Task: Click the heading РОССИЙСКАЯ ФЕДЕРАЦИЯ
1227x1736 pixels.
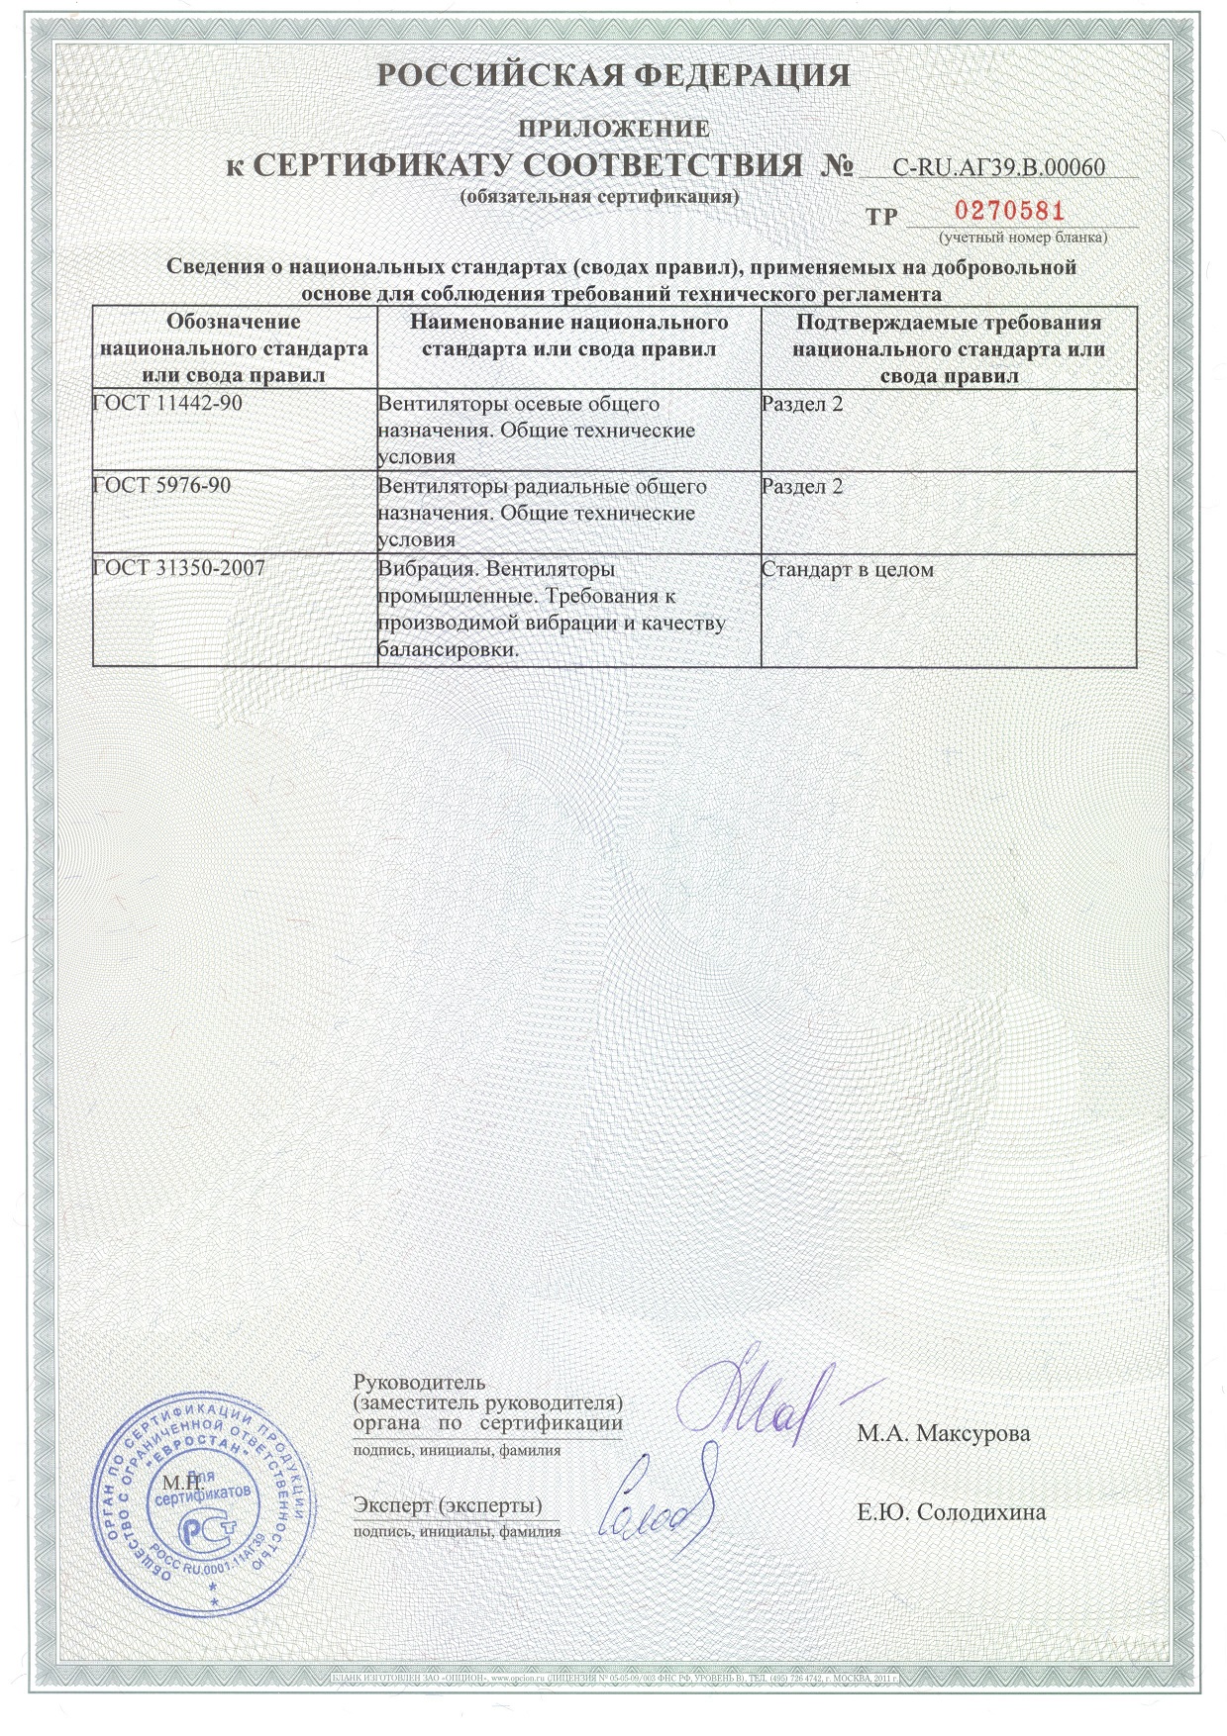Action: click(614, 76)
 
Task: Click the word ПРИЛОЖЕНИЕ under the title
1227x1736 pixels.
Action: click(615, 129)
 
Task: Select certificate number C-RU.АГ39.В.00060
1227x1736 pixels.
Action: click(998, 167)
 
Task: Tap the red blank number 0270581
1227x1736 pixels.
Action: click(1009, 211)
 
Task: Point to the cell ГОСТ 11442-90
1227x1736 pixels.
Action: click(167, 404)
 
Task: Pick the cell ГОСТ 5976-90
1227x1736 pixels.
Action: click(162, 486)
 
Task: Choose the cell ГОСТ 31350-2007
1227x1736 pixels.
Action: click(179, 569)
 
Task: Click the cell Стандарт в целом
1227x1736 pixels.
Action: click(848, 570)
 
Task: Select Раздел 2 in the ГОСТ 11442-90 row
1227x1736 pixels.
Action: click(802, 404)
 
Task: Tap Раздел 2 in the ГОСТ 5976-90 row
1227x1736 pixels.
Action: click(802, 487)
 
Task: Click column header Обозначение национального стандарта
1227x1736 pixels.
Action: click(234, 348)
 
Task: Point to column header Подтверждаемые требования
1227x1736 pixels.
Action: click(948, 348)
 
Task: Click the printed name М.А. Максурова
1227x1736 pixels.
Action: click(943, 1433)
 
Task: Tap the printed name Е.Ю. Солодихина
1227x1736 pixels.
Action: click(951, 1512)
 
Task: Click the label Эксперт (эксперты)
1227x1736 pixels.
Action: click(448, 1505)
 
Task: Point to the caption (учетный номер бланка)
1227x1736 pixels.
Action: click(1023, 238)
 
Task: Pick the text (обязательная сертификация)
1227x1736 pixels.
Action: click(600, 196)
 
